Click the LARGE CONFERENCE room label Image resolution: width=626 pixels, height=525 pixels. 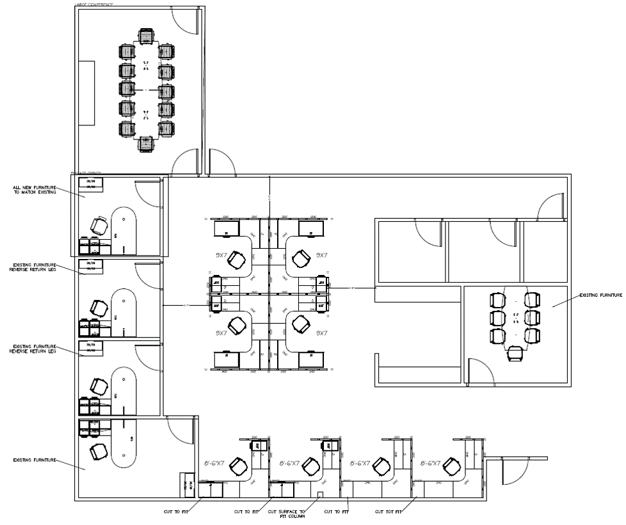(x=95, y=4)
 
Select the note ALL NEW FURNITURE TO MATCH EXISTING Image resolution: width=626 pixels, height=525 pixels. (x=35, y=190)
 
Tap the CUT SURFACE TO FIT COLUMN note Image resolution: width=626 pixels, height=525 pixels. (x=286, y=513)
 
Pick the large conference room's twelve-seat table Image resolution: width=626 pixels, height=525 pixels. (x=147, y=90)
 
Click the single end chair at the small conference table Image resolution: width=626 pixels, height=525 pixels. (x=514, y=354)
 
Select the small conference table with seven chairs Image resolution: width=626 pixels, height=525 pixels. (x=515, y=317)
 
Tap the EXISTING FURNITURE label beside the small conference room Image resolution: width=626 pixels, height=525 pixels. (x=600, y=295)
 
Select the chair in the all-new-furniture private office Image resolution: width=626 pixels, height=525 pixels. (x=99, y=226)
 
